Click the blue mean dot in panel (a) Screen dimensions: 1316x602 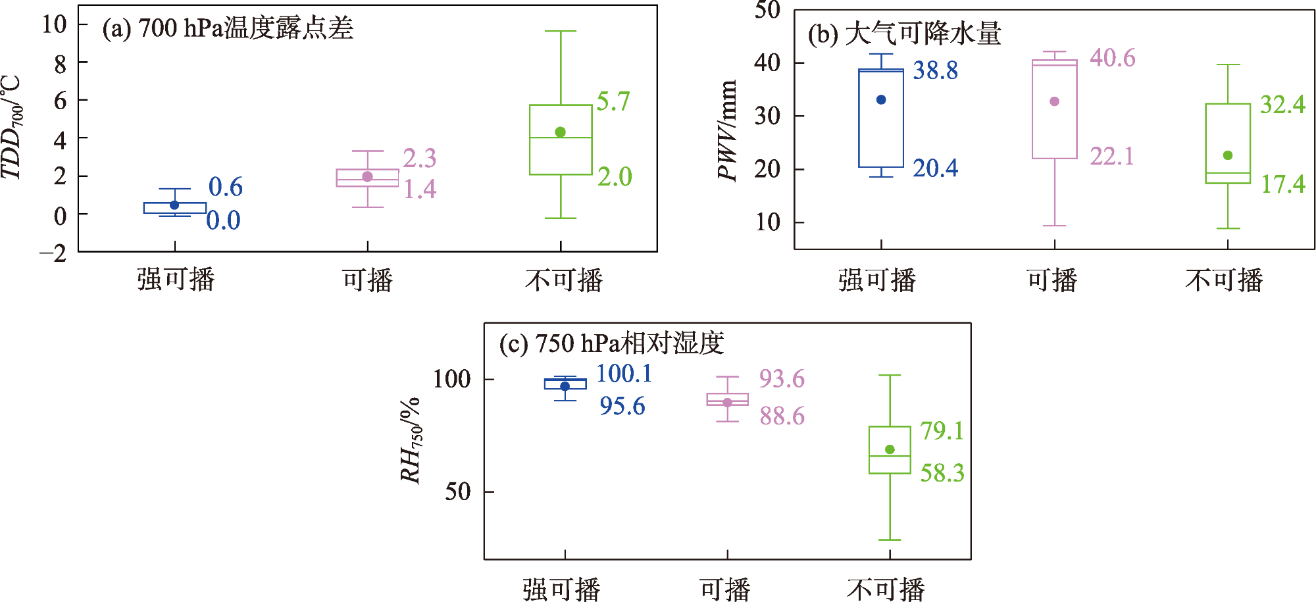click(x=174, y=205)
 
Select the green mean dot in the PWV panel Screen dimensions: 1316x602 click(x=1227, y=155)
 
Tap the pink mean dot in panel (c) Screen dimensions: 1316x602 click(x=727, y=403)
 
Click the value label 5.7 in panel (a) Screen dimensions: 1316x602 click(x=613, y=101)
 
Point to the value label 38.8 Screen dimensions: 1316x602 click(x=935, y=70)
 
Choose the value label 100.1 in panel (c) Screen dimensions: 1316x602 click(x=624, y=373)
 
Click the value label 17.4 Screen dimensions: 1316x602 click(x=1282, y=184)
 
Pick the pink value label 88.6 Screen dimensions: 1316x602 click(x=782, y=416)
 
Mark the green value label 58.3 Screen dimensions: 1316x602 click(x=942, y=472)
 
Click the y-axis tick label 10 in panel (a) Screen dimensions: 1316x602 click(x=55, y=24)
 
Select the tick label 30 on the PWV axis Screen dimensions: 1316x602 click(x=767, y=116)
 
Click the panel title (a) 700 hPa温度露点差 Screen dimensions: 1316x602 click(x=228, y=28)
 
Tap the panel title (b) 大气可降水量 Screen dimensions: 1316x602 click(x=905, y=34)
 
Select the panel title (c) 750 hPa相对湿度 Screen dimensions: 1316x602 click(x=611, y=343)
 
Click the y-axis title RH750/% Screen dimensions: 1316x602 click(x=411, y=440)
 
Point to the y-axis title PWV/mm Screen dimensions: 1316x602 click(x=727, y=130)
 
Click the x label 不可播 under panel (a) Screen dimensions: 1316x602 click(x=564, y=280)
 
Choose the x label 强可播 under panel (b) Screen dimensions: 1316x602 click(x=877, y=280)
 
